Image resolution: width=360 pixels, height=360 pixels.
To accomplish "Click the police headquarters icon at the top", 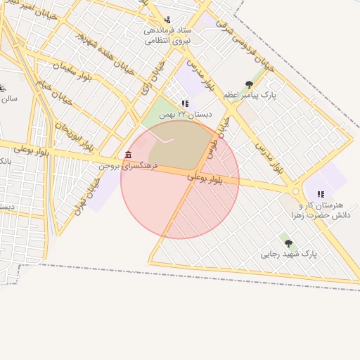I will (x=167, y=20).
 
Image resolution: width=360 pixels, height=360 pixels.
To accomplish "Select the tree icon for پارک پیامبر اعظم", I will (x=249, y=85).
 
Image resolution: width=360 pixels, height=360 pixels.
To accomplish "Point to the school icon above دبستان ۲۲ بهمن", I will (x=184, y=103).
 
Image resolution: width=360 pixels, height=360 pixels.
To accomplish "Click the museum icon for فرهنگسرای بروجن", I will (x=127, y=155).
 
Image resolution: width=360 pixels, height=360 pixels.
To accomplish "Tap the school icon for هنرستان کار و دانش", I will (x=321, y=194).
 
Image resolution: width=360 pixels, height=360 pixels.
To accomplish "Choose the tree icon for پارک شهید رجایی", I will (x=288, y=243).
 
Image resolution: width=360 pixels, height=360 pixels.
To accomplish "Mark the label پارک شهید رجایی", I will (x=290, y=254).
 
